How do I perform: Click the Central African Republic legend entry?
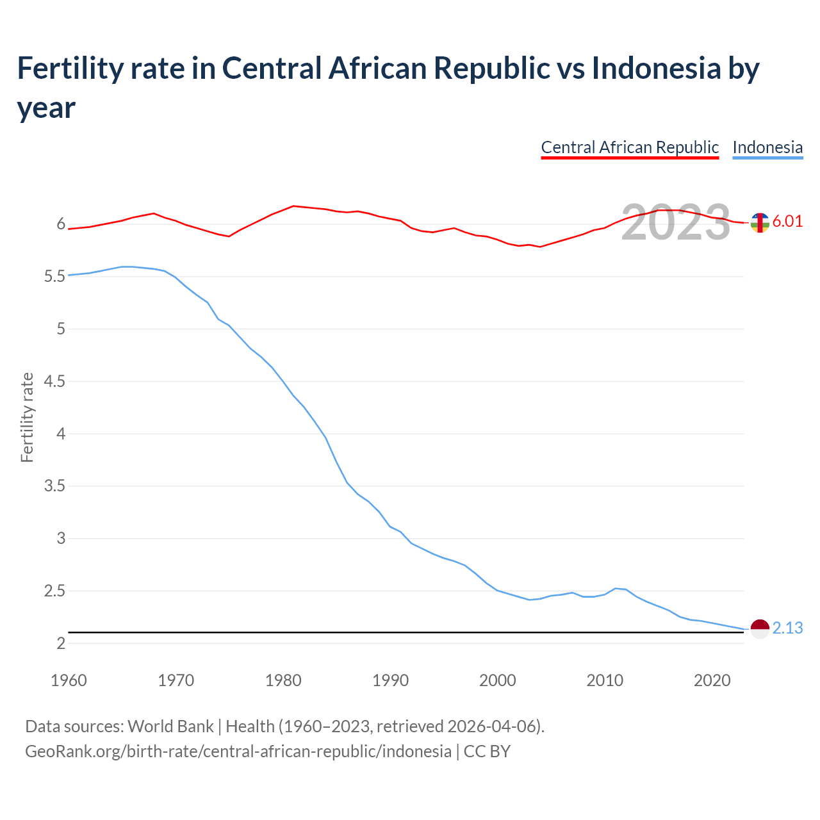tap(630, 147)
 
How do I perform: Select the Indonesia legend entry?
tap(767, 147)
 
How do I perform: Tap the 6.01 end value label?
tap(787, 222)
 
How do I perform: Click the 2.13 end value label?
tap(787, 628)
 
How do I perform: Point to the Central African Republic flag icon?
tap(760, 222)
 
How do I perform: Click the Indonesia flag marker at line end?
tap(760, 629)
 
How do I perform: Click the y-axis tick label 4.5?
tap(54, 382)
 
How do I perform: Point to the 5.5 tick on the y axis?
tap(54, 277)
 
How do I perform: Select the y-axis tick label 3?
tap(61, 539)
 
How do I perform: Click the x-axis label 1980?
tap(283, 680)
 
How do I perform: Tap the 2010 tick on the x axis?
tap(605, 680)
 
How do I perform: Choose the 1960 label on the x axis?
tap(69, 680)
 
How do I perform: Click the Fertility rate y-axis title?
tap(27, 417)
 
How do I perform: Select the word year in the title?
tap(46, 108)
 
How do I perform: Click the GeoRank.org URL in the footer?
tap(238, 751)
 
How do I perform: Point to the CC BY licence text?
tap(487, 751)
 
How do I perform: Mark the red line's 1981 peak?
tap(293, 206)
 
